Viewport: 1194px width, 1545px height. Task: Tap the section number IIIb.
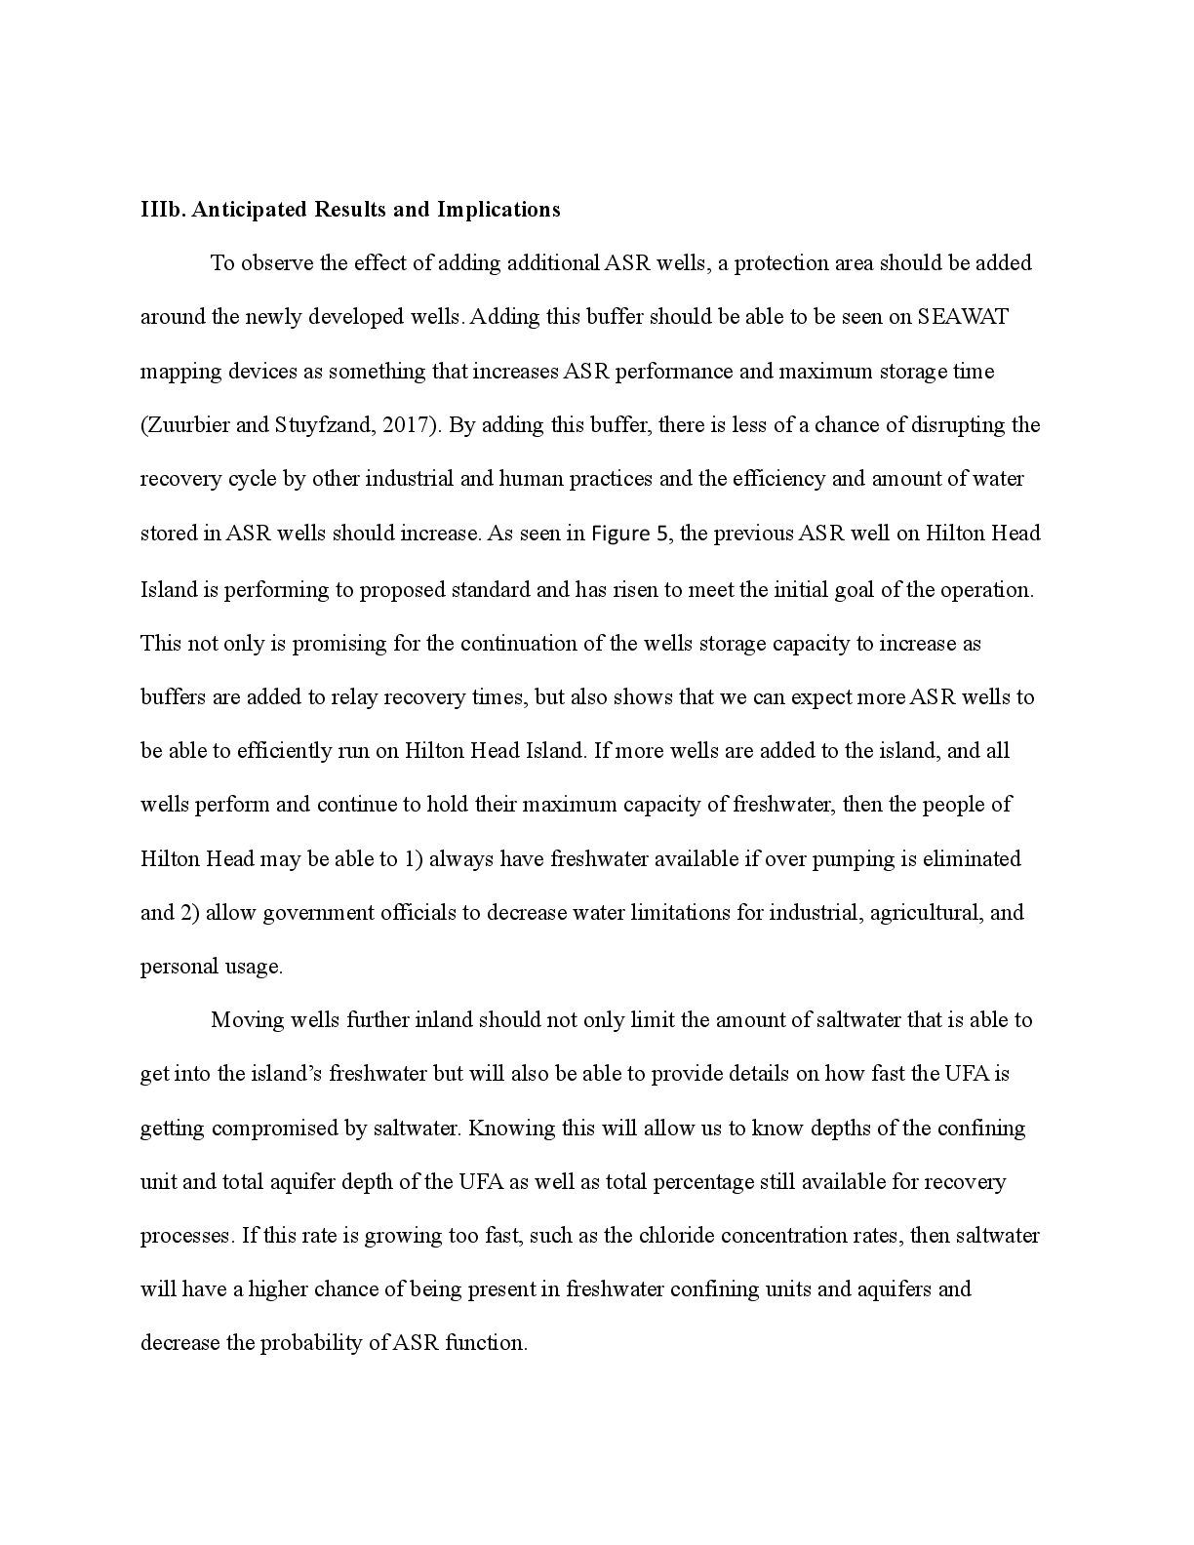[x=162, y=210]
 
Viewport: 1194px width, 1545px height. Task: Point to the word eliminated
[x=971, y=859]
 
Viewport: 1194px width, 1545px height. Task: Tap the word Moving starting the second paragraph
[x=246, y=1020]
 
